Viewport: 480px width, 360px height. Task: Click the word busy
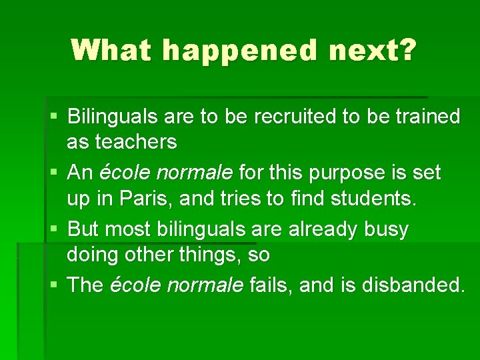pos(386,230)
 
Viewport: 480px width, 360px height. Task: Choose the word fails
pos(271,285)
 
